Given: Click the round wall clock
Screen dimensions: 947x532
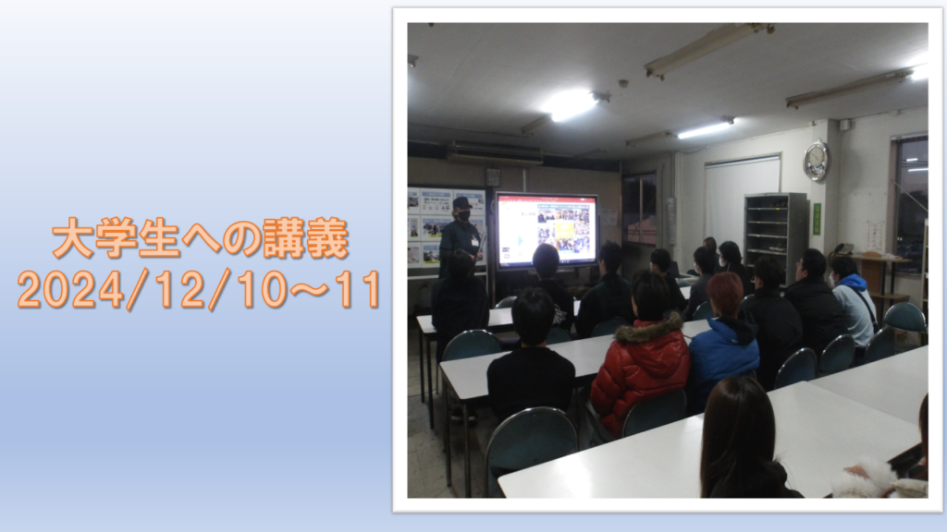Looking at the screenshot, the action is [x=816, y=161].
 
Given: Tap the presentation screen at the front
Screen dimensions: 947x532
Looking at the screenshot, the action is [x=547, y=230].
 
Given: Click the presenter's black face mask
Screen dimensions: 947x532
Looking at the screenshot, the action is [x=463, y=214].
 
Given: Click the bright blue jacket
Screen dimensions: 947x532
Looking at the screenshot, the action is [x=723, y=354].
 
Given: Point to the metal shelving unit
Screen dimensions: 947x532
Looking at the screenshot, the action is [x=776, y=233].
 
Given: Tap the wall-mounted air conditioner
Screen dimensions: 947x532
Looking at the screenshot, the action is [x=494, y=153].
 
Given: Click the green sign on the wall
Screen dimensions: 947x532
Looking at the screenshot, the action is [x=817, y=219].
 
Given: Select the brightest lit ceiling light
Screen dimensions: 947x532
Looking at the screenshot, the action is [x=570, y=104].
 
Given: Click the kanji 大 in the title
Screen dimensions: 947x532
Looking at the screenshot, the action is [x=73, y=238].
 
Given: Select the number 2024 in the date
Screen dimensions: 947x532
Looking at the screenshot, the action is [x=72, y=289].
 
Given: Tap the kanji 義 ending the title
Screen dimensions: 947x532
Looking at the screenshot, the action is [x=328, y=238].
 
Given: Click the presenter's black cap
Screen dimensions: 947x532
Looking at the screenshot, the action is [x=462, y=202].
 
